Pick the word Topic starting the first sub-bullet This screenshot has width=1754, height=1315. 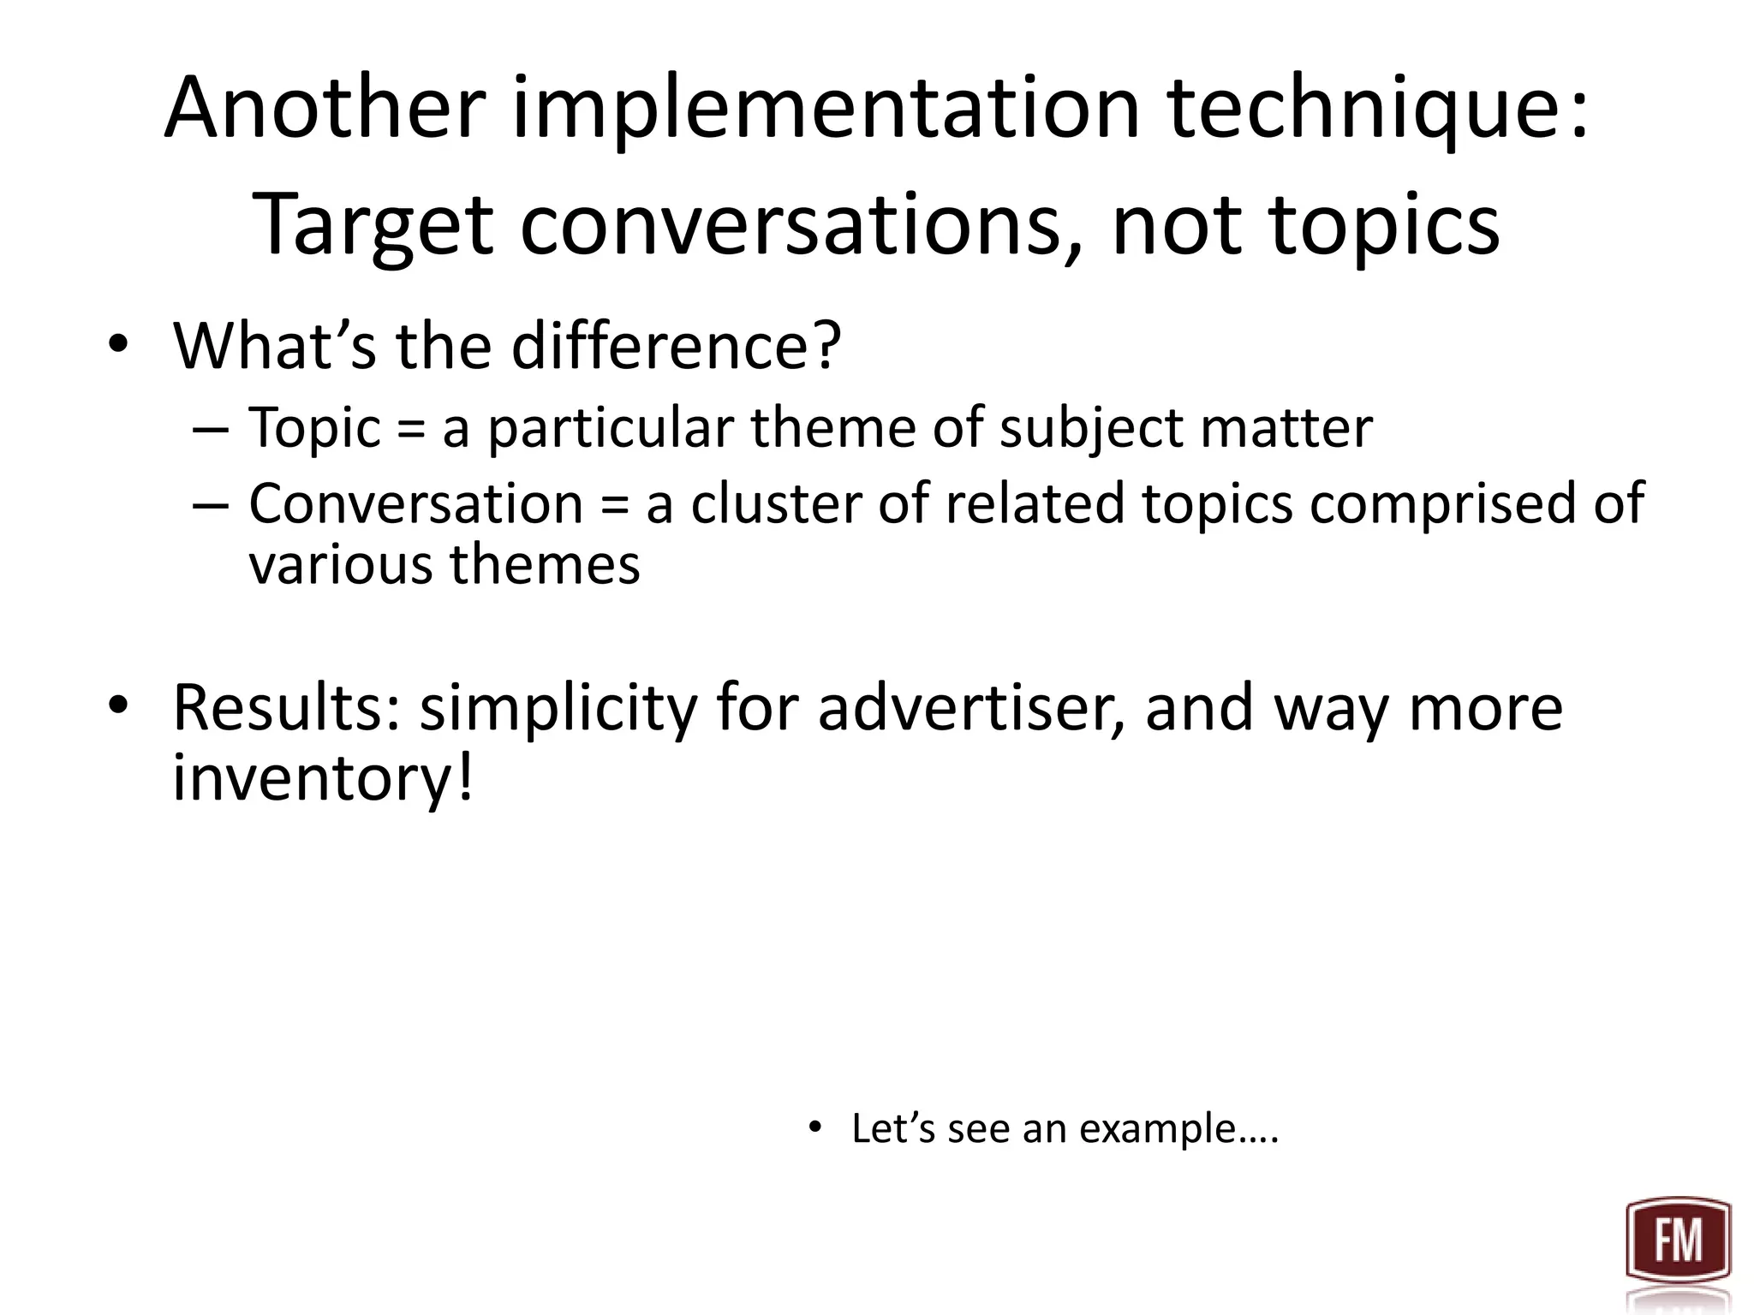click(313, 427)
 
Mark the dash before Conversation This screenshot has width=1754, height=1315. click(211, 505)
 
